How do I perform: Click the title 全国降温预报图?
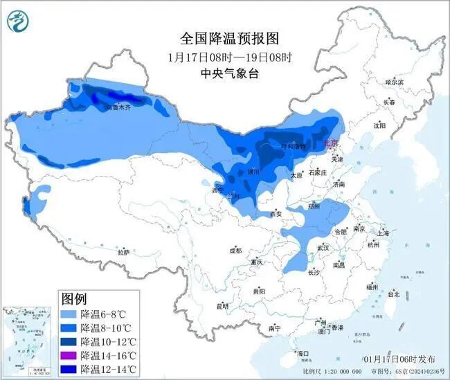pyautogui.click(x=223, y=38)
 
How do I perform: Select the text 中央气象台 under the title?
pyautogui.click(x=223, y=73)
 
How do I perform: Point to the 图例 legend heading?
pyautogui.click(x=74, y=300)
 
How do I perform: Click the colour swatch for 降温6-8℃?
pyautogui.click(x=70, y=314)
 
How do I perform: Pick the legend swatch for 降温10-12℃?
pyautogui.click(x=70, y=341)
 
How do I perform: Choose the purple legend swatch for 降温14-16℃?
pyautogui.click(x=70, y=355)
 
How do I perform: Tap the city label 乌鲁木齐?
pyautogui.click(x=110, y=107)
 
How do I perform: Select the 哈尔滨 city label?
pyautogui.click(x=393, y=82)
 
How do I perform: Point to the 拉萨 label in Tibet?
pyautogui.click(x=123, y=253)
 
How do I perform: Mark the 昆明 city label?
pyautogui.click(x=222, y=305)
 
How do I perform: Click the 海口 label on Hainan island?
pyautogui.click(x=303, y=353)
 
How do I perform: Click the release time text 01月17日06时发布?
pyautogui.click(x=399, y=359)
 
